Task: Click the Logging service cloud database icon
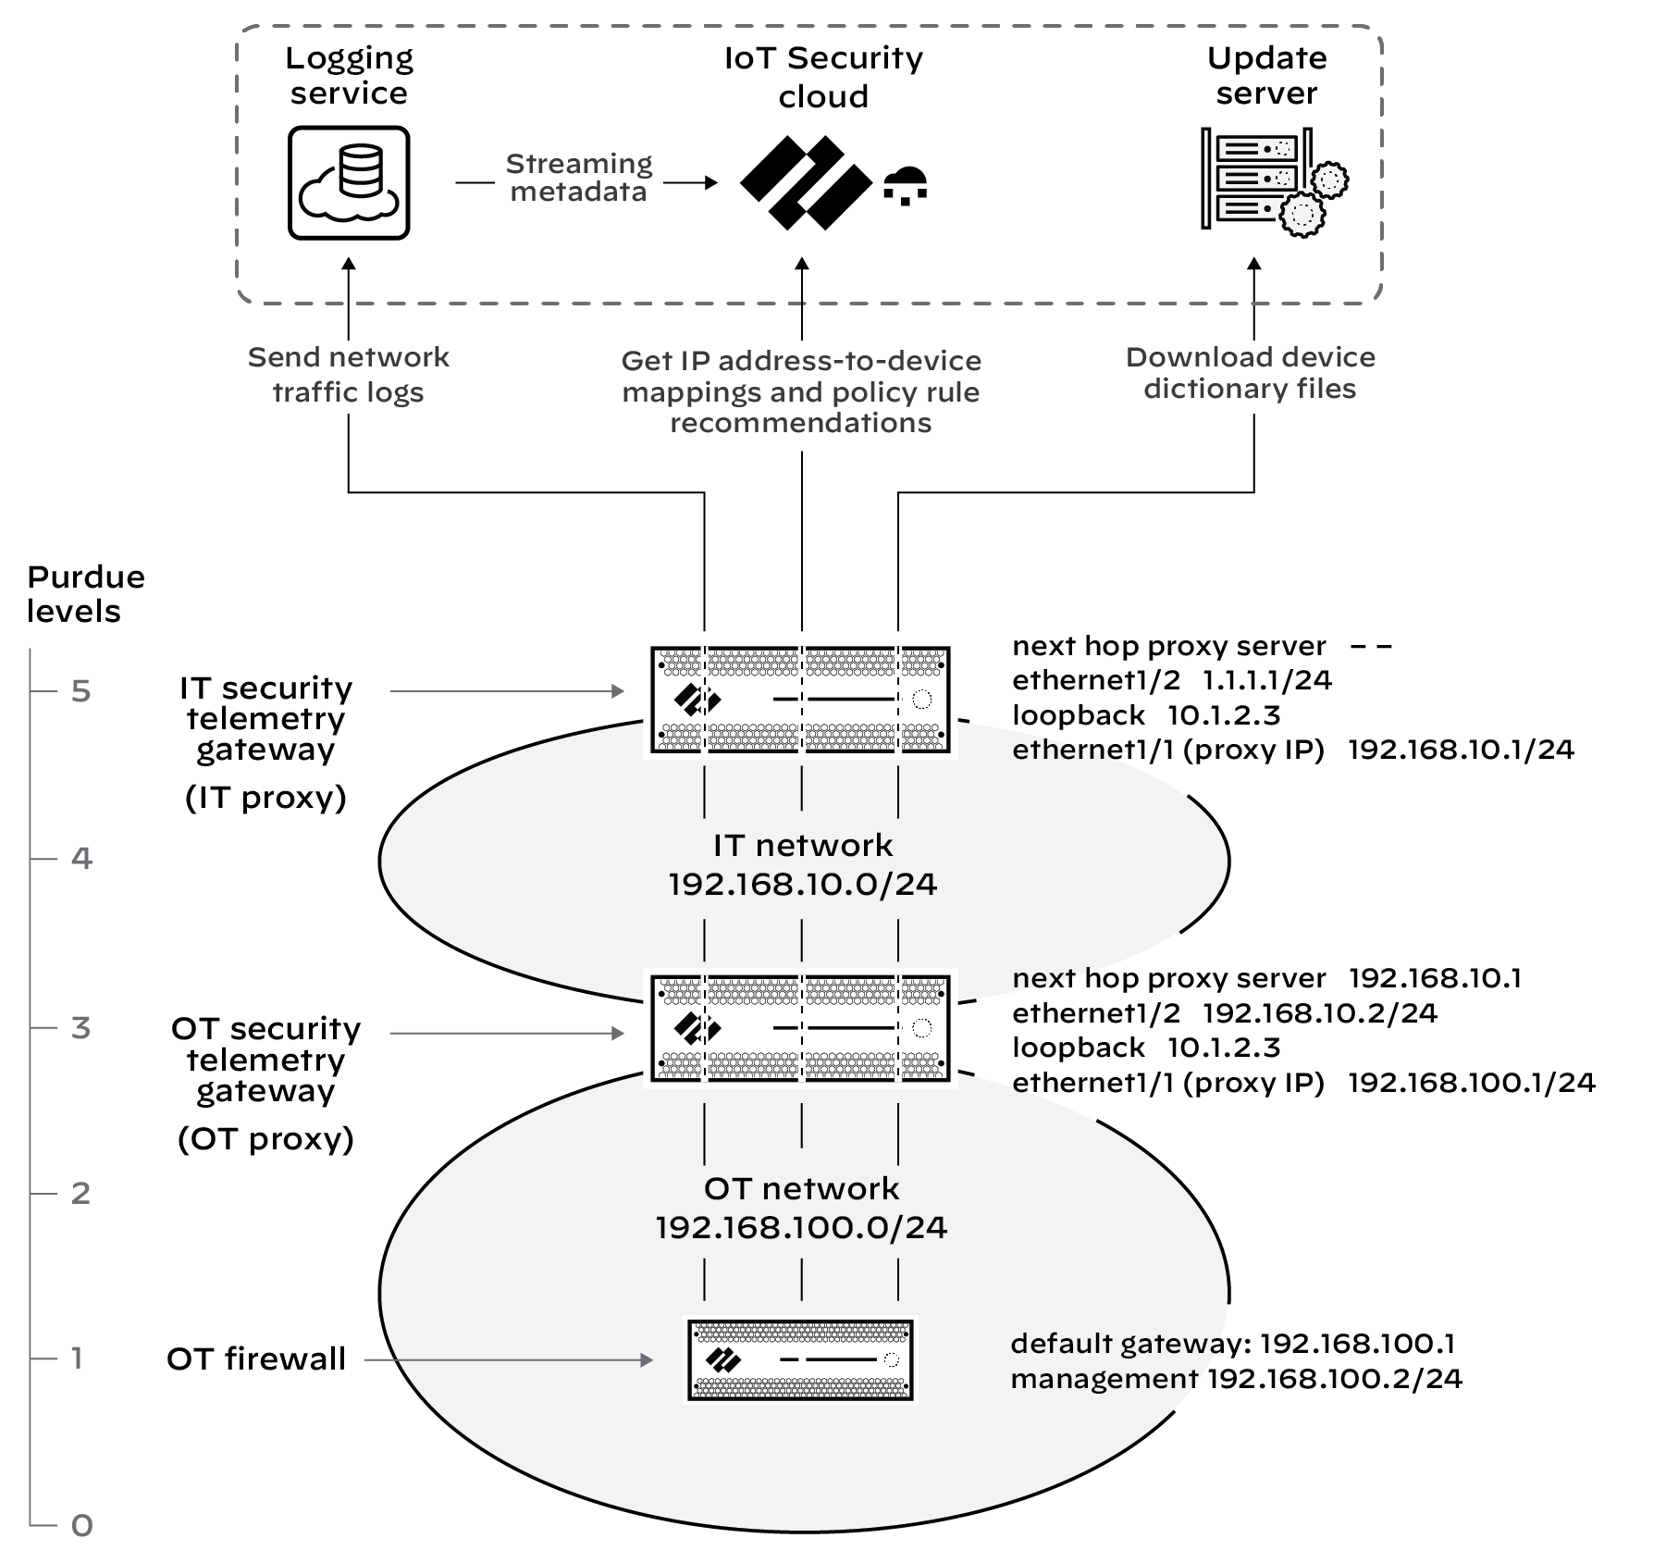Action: click(x=349, y=183)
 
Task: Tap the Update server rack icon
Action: click(x=1272, y=180)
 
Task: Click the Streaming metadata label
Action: click(x=579, y=178)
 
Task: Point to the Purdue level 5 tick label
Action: click(x=81, y=691)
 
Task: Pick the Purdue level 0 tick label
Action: click(x=81, y=1525)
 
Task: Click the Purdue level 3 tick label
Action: click(x=81, y=1027)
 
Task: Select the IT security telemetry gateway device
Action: click(x=800, y=700)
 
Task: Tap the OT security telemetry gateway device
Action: click(x=800, y=1028)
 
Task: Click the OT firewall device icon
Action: click(x=800, y=1359)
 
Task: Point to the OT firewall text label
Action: click(x=256, y=1358)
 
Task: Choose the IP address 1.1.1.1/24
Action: click(x=1266, y=680)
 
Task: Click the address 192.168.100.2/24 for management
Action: click(x=1335, y=1379)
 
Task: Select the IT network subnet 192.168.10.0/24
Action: click(x=802, y=885)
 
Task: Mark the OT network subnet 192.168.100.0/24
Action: click(x=801, y=1228)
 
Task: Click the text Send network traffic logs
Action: click(x=349, y=374)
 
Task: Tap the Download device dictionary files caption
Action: click(x=1250, y=373)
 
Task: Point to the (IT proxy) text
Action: click(x=265, y=797)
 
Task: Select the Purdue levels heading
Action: click(x=86, y=593)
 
